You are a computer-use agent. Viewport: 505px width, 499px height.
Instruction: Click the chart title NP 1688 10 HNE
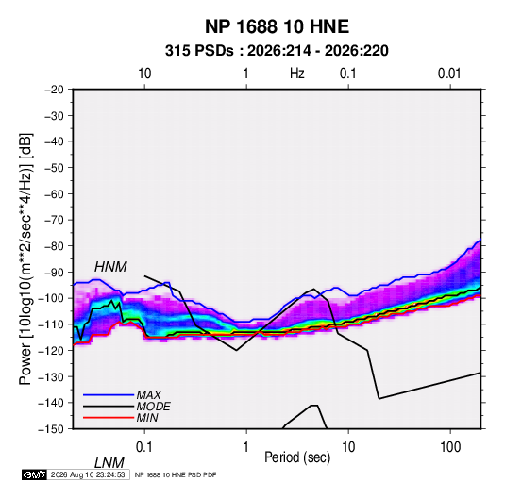pos(277,26)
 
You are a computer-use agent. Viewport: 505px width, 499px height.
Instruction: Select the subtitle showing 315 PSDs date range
pos(277,51)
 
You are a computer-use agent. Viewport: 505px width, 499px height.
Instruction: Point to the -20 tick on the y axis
pos(54,90)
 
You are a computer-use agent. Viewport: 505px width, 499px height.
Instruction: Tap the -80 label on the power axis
pos(54,246)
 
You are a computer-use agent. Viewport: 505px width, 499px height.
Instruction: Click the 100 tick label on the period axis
pos(450,447)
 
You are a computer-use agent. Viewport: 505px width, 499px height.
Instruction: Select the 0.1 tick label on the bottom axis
pos(144,447)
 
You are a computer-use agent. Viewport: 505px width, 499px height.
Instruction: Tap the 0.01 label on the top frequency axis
pos(449,74)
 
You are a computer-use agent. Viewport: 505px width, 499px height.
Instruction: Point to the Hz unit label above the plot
pos(297,74)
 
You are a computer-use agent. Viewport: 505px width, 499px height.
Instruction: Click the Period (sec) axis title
pos(297,457)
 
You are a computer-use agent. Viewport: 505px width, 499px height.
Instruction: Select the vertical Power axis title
pos(25,259)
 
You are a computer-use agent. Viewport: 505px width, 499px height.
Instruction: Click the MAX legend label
pos(148,395)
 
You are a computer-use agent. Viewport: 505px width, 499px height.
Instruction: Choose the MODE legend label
pos(153,407)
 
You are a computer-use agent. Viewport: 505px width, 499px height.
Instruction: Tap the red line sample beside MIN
pos(109,418)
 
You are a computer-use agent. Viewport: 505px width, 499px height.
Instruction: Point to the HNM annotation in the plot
pos(110,267)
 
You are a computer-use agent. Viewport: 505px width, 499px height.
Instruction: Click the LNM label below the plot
pos(109,463)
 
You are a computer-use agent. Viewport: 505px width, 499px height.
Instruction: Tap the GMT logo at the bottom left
pos(34,474)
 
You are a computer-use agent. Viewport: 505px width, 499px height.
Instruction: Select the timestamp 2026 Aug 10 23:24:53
pos(88,474)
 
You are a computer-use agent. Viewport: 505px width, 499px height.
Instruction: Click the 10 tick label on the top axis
pos(144,74)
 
